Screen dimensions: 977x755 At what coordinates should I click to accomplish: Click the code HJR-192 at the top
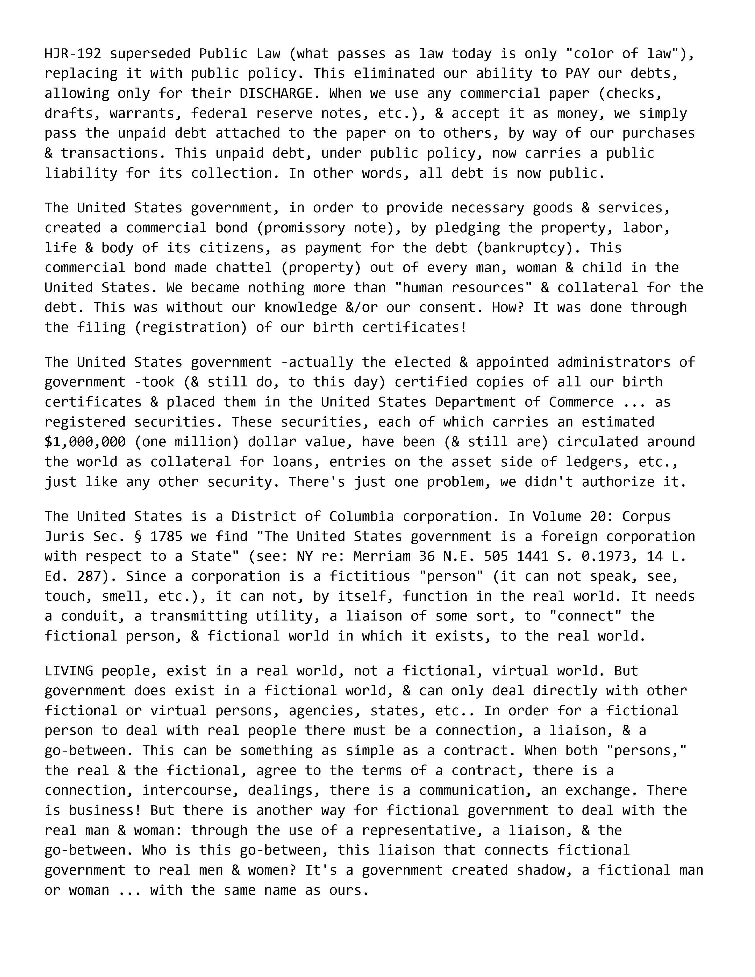coord(72,54)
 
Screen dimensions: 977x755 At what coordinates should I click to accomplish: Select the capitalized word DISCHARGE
coord(276,93)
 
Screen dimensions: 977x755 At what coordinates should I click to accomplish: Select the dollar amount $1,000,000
coord(85,442)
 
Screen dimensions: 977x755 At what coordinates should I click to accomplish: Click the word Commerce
coord(581,402)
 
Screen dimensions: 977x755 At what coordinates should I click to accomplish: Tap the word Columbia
coord(361,517)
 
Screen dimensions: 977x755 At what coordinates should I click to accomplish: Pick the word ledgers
coord(593,462)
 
